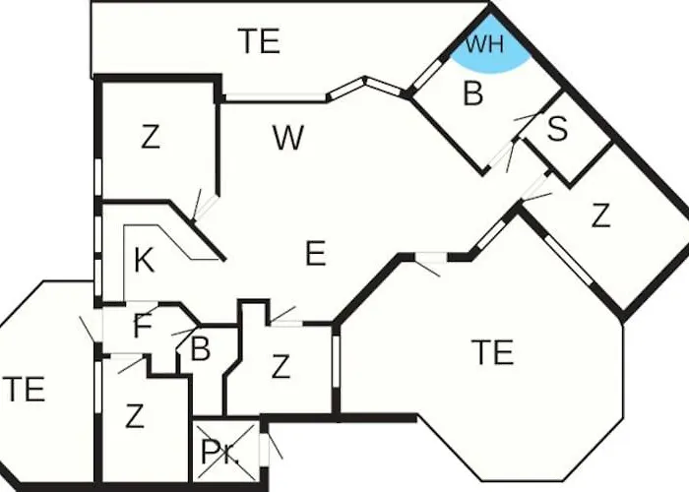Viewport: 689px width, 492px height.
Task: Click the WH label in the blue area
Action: [x=484, y=44]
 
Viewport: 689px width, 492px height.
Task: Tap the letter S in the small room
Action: [x=557, y=129]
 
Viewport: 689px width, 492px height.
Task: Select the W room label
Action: [x=287, y=138]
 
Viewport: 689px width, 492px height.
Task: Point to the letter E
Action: [x=316, y=253]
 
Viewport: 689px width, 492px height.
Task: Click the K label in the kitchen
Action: [x=144, y=260]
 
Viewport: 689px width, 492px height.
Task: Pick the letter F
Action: [x=143, y=326]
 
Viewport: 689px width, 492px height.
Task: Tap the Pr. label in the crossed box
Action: [x=219, y=452]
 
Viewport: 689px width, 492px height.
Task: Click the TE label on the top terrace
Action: [x=259, y=41]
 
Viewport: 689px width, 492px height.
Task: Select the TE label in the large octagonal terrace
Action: [x=492, y=352]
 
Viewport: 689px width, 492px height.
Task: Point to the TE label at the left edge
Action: [x=24, y=389]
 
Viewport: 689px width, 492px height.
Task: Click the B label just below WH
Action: [x=472, y=93]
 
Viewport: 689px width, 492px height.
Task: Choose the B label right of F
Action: [x=200, y=349]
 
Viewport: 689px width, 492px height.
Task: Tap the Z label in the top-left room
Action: [x=151, y=137]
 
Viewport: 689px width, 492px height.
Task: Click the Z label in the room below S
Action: [x=600, y=215]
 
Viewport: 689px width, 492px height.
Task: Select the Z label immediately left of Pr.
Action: [x=135, y=416]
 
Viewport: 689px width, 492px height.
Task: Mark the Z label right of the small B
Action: [x=281, y=367]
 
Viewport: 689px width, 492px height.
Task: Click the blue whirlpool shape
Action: [x=489, y=48]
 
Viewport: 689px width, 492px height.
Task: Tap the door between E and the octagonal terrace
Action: [x=431, y=258]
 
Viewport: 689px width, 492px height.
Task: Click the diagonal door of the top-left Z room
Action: [x=206, y=207]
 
